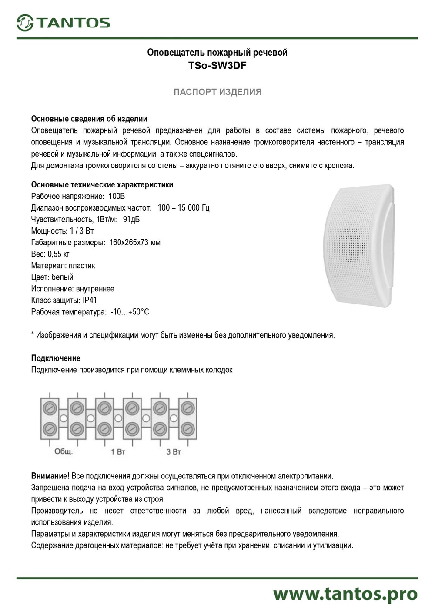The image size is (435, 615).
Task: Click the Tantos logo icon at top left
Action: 25,23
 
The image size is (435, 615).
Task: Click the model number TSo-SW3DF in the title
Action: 217,66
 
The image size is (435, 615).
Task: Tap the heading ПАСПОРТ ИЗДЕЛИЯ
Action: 217,92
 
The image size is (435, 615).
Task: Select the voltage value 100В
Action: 117,196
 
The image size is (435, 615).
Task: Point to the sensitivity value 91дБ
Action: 131,219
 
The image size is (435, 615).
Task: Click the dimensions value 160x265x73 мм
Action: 135,242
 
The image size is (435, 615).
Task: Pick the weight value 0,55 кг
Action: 58,254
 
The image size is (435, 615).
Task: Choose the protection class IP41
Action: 90,300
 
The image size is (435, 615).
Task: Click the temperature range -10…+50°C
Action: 130,312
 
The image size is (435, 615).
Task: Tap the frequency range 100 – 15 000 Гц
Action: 183,208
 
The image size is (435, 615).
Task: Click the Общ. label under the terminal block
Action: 63,451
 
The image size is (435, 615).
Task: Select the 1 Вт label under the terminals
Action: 118,451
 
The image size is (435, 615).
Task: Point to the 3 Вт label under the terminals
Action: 173,451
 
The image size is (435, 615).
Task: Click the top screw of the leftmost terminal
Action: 50,408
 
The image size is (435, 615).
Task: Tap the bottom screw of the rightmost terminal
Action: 187,428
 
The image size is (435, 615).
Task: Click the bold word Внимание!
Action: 50,476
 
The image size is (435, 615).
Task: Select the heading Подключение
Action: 56,358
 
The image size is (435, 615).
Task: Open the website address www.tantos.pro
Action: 345,594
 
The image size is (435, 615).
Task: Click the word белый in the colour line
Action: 62,277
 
